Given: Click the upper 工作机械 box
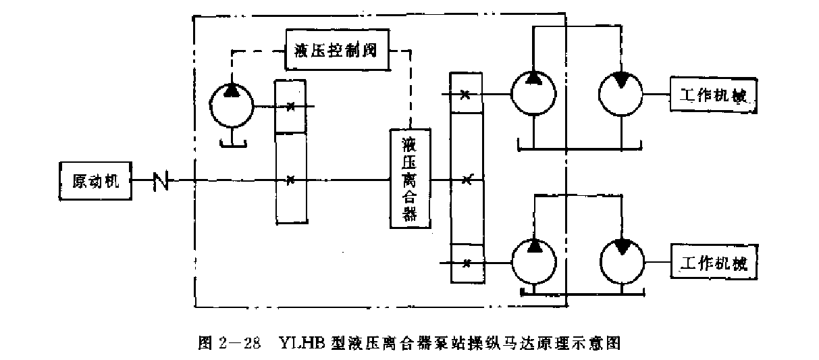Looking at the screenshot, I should click(712, 95).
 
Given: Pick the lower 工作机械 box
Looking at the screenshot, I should click(712, 263).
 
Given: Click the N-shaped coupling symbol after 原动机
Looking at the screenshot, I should click(161, 180).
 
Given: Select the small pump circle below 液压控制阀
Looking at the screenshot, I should click(230, 104).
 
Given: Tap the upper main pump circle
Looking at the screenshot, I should click(533, 93).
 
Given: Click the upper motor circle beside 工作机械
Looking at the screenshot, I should click(620, 93).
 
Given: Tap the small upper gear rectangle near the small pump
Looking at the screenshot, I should click(291, 106).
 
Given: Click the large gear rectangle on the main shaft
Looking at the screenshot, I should click(291, 178).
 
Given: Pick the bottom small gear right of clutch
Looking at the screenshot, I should click(466, 263).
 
